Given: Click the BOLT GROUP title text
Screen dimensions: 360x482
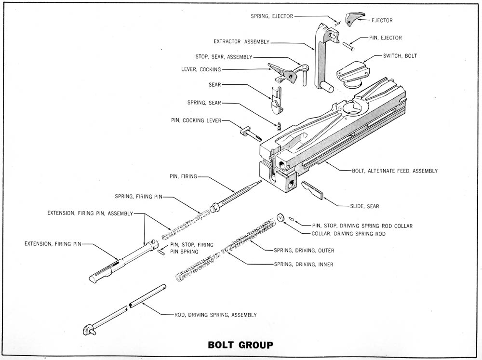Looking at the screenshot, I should point(240,345).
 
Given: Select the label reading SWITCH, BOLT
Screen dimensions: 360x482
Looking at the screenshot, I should point(400,56).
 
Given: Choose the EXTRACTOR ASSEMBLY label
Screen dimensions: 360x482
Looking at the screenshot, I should point(241,42).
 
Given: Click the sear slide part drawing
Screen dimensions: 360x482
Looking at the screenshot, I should point(314,189).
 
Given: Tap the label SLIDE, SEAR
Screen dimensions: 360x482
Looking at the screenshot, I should point(364,206).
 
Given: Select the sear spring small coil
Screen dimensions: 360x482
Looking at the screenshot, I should point(279,126).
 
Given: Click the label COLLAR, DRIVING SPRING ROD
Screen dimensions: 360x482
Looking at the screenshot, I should point(348,234).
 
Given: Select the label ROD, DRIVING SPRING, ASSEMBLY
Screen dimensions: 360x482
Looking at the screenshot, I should point(215,315).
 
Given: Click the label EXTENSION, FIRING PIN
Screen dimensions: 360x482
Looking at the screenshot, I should point(53,244).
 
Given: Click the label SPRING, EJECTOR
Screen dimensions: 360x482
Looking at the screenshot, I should point(271,16).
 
